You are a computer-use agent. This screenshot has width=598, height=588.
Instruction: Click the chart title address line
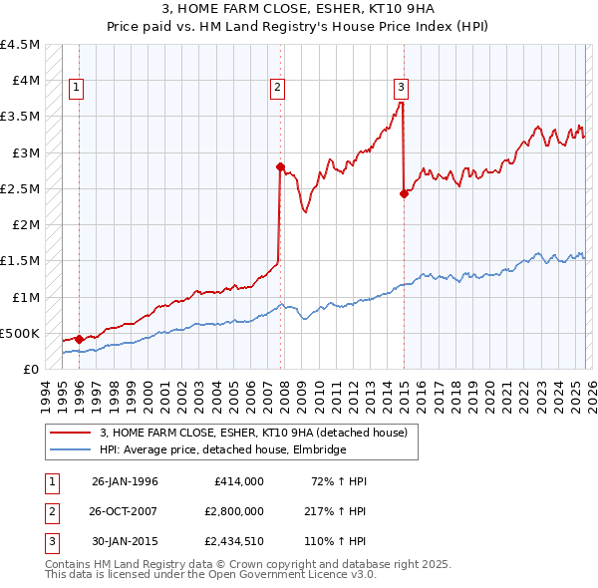click(298, 10)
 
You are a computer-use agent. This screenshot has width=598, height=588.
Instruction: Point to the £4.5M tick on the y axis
click(21, 45)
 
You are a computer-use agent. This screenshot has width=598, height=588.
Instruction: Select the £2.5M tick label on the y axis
click(21, 188)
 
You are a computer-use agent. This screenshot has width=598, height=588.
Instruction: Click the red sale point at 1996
click(80, 339)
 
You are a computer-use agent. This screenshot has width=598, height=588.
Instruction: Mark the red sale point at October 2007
click(280, 167)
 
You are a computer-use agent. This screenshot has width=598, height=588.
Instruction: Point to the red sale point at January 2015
click(404, 194)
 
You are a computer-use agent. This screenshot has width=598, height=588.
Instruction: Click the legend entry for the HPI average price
click(222, 450)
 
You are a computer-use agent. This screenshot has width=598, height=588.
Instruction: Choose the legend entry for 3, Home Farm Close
click(253, 434)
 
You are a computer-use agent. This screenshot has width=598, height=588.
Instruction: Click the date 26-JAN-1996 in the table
click(125, 481)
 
